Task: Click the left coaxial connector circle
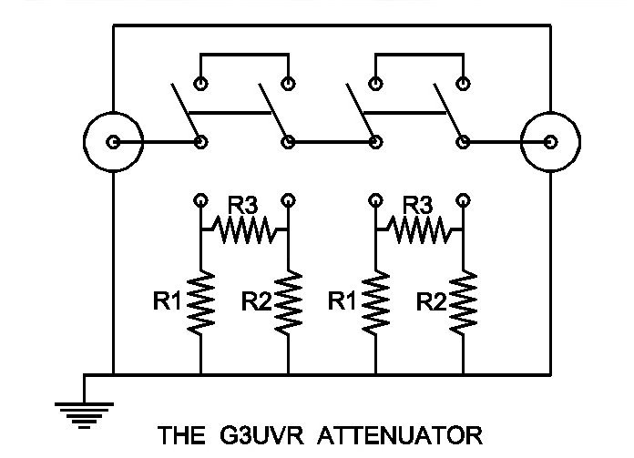[x=113, y=142]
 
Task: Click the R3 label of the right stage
[x=418, y=205]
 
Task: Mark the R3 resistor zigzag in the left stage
[x=243, y=229]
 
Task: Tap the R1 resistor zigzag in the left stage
[x=200, y=302]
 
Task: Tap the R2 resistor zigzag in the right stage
[x=464, y=302]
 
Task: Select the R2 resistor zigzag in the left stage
[x=288, y=302]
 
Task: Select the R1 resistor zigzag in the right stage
[x=375, y=302]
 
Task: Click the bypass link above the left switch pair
[x=243, y=56]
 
